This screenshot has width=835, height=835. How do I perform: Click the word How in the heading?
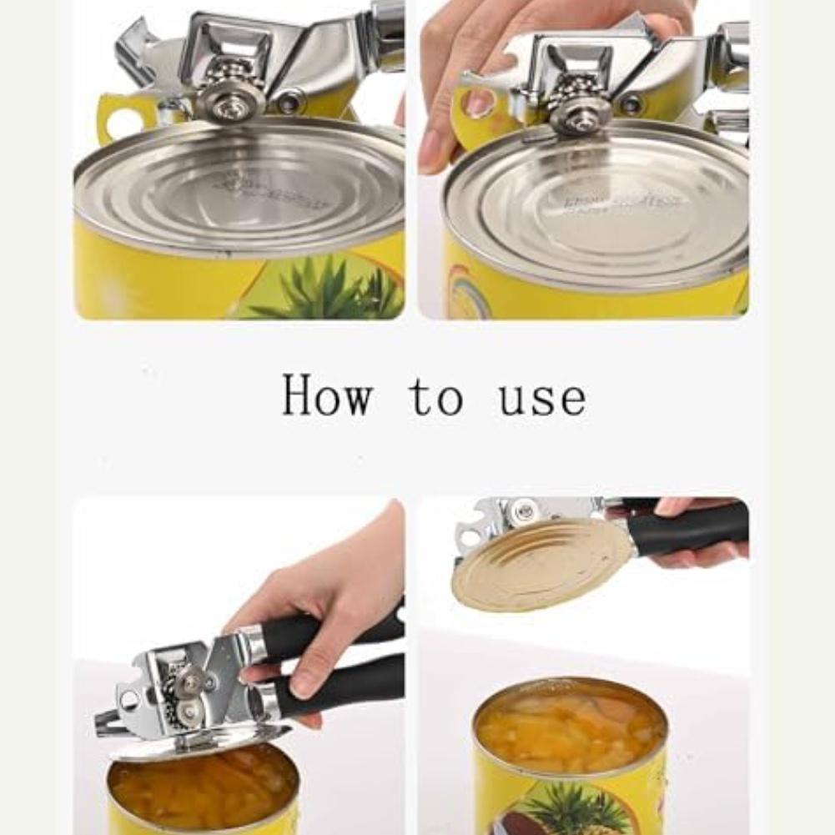click(x=327, y=395)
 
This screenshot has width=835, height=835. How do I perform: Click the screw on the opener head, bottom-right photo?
click(x=524, y=511)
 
